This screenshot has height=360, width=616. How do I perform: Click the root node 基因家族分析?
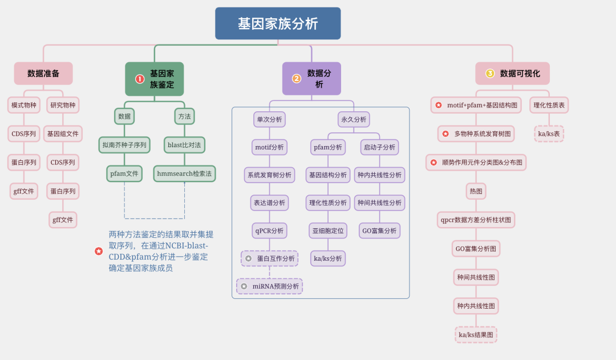pyautogui.click(x=278, y=23)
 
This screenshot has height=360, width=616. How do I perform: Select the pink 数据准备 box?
pyautogui.click(x=43, y=74)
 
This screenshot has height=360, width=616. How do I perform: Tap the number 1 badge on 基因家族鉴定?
pyautogui.click(x=139, y=79)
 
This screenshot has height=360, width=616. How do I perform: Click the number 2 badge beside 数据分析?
pyautogui.click(x=297, y=79)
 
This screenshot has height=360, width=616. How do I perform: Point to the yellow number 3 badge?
pyautogui.click(x=490, y=74)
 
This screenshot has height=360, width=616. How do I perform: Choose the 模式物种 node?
pyautogui.click(x=24, y=105)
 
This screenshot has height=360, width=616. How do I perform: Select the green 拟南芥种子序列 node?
pyautogui.click(x=124, y=145)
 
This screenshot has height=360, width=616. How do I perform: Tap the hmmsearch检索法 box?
pyautogui.click(x=184, y=173)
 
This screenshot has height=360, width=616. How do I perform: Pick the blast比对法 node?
pyautogui.click(x=184, y=145)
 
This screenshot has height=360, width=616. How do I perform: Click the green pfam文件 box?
pyautogui.click(x=124, y=173)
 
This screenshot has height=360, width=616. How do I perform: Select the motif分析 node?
pyautogui.click(x=269, y=147)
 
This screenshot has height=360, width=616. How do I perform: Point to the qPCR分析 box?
pyautogui.click(x=269, y=230)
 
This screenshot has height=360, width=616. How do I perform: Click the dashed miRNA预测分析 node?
pyautogui.click(x=269, y=286)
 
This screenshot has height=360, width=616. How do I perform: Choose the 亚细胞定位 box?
pyautogui.click(x=329, y=230)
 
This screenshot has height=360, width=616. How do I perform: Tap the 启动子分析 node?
pyautogui.click(x=379, y=147)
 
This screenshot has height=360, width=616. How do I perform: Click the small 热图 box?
pyautogui.click(x=476, y=191)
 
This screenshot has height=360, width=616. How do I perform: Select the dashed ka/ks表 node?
pyautogui.click(x=549, y=134)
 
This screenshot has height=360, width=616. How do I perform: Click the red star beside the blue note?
pyautogui.click(x=99, y=251)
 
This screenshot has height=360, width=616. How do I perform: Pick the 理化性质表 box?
pyautogui.click(x=549, y=105)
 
